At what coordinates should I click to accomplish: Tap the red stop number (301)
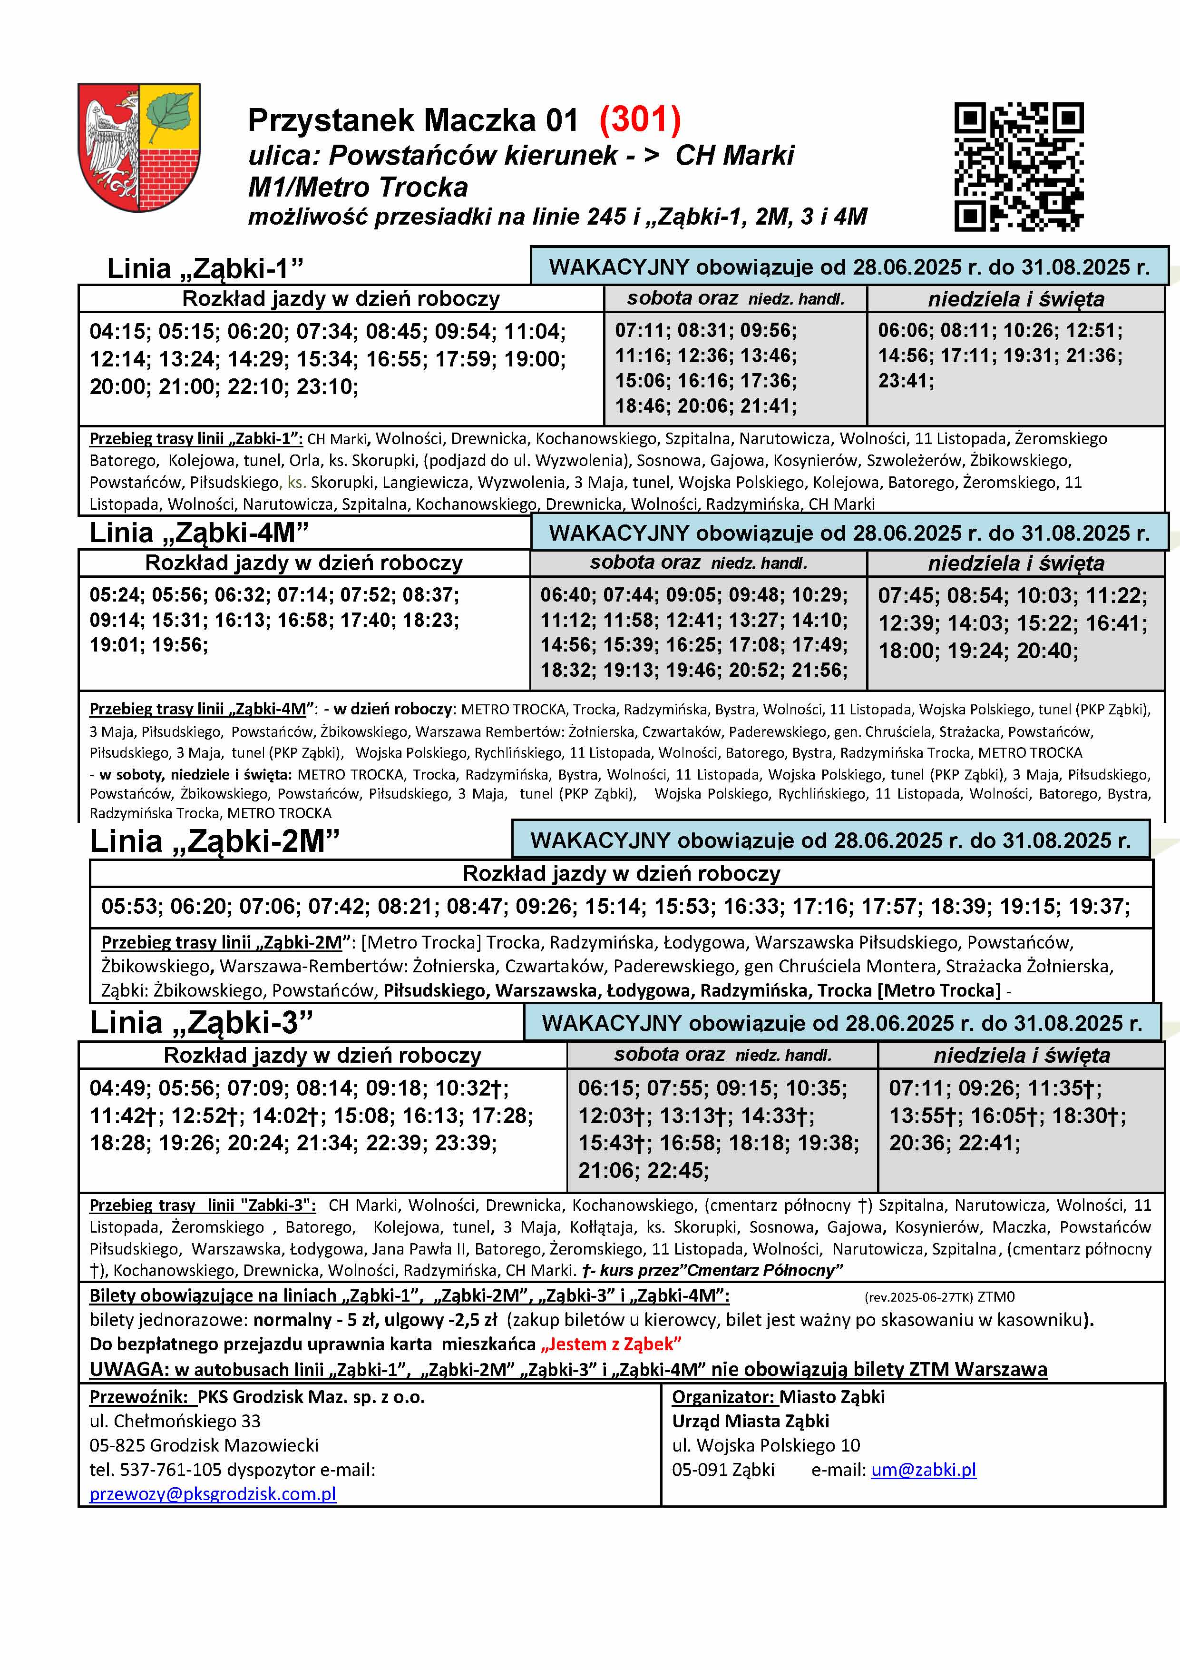tap(640, 120)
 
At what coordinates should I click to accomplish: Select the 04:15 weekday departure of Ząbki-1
tap(117, 332)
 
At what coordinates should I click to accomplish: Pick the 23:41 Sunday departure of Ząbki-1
tap(905, 380)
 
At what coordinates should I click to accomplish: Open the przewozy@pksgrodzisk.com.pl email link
tap(212, 1494)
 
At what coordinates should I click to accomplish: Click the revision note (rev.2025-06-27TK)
tap(919, 1297)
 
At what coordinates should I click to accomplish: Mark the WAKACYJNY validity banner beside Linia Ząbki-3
tap(842, 1023)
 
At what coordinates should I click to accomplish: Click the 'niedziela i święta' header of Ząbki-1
tap(1016, 299)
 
